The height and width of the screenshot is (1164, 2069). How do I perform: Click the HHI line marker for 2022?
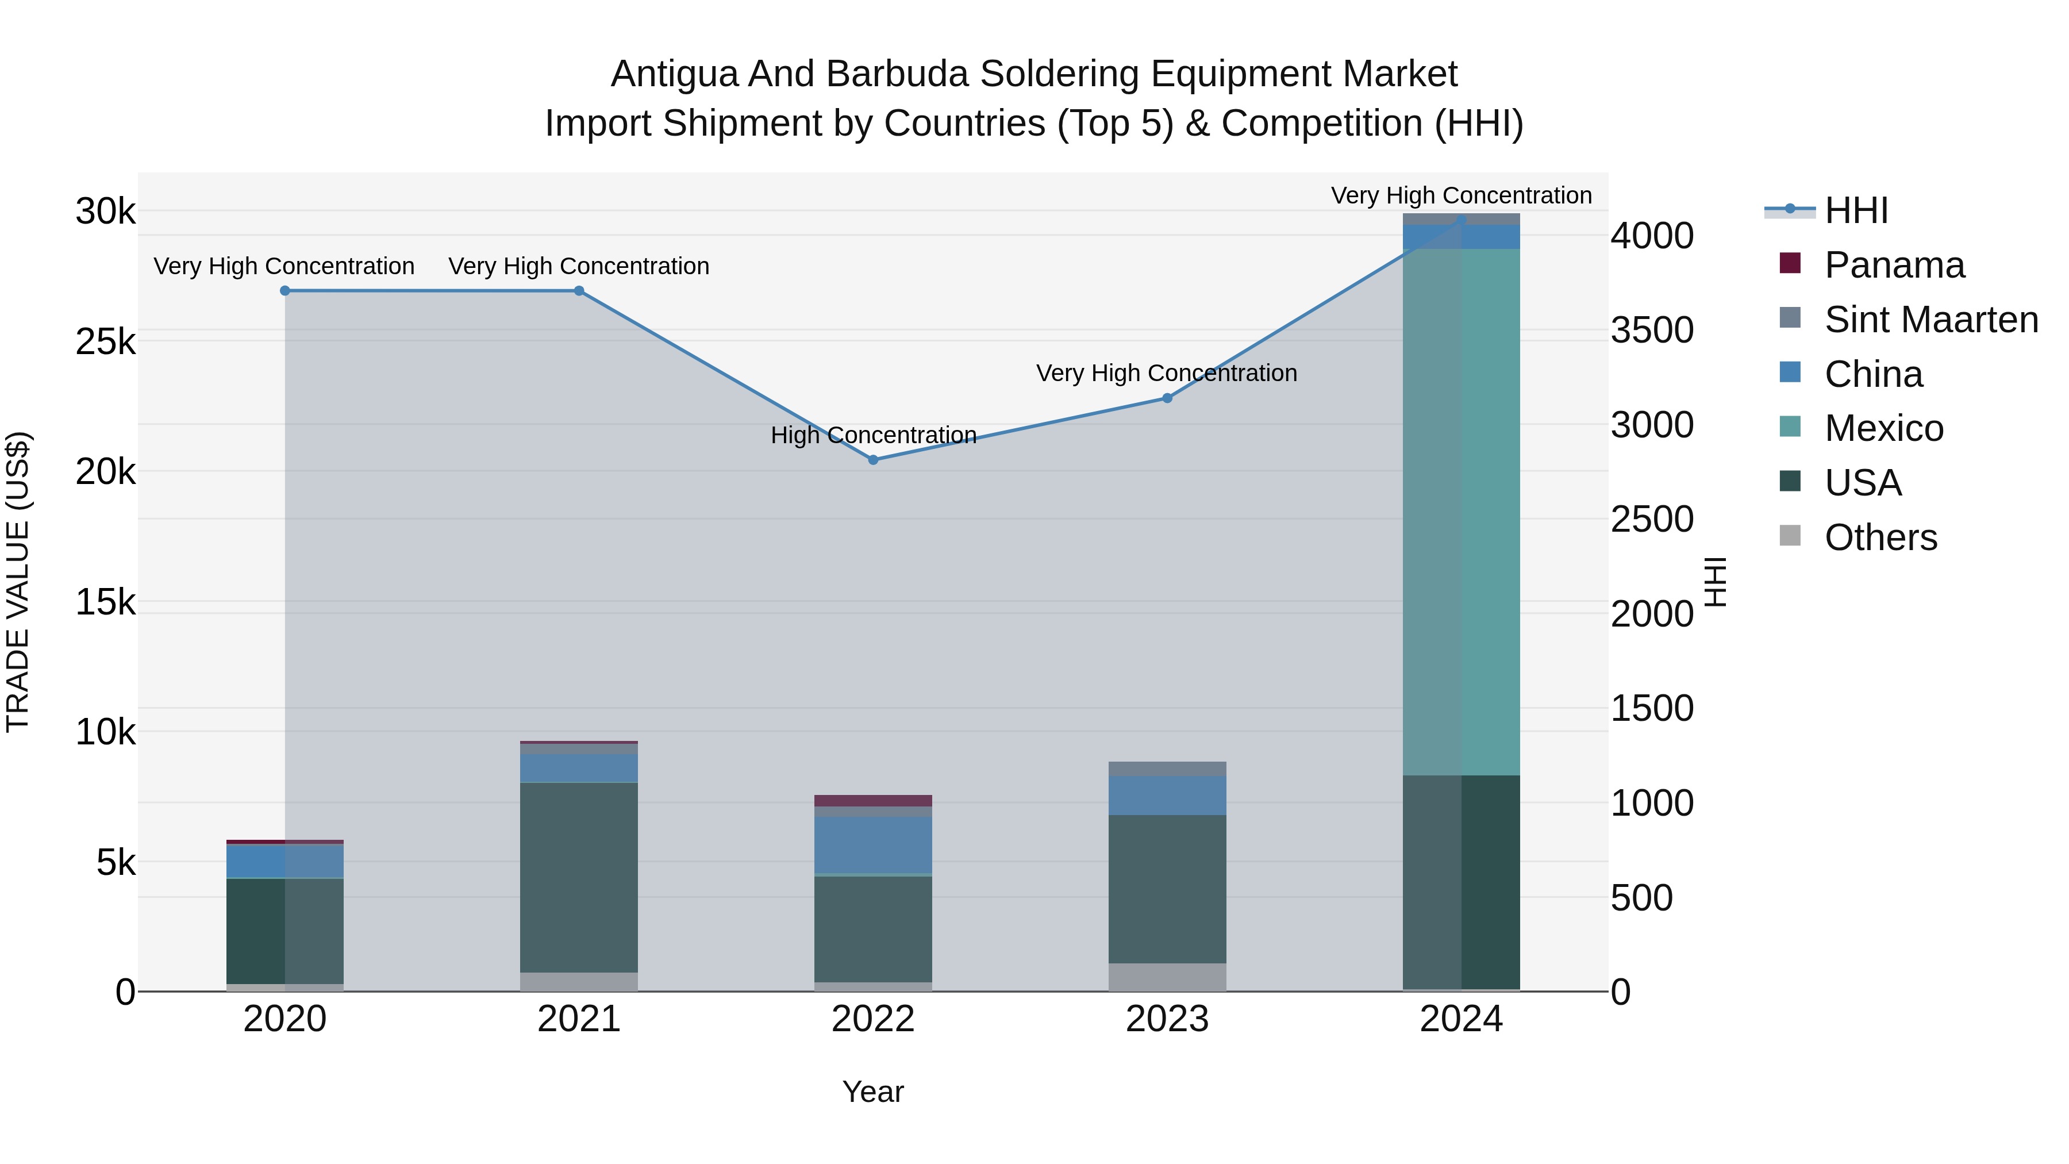point(873,459)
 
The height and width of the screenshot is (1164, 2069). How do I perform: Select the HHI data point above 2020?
point(285,290)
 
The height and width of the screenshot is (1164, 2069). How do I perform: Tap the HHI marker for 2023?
point(1167,398)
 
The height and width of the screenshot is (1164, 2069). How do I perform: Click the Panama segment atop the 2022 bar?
point(873,800)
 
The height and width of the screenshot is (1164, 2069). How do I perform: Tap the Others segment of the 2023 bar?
point(1167,976)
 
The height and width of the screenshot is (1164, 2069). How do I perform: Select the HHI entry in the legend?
point(1855,210)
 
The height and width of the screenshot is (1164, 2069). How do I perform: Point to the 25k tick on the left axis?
point(105,342)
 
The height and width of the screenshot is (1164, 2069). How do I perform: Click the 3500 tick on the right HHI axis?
point(1652,330)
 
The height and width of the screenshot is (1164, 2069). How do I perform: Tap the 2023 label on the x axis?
point(1167,1019)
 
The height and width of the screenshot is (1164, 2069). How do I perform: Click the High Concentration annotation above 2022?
point(873,435)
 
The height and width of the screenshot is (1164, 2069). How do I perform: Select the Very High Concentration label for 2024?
point(1461,195)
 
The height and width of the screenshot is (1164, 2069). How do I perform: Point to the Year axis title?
point(873,1092)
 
